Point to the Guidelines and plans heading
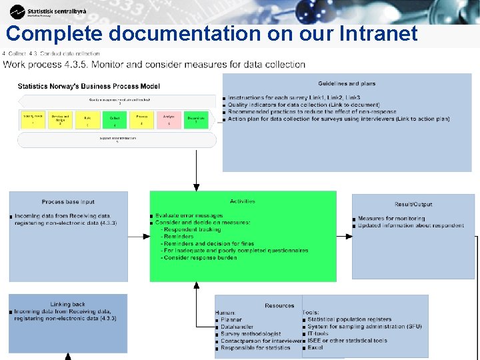347,84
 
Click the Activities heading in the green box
242,201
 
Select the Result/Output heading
413,204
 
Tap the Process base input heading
68,202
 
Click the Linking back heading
68,304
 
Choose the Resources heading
279,306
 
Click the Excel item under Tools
315,348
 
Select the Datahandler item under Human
236,327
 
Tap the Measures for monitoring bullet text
391,219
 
